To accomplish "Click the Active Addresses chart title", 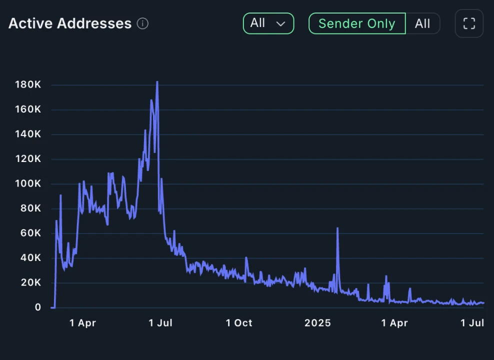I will pyautogui.click(x=70, y=23).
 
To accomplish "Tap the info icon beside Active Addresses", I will pyautogui.click(x=142, y=23).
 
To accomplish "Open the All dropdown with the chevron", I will pyautogui.click(x=268, y=23).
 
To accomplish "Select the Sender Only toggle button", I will pyautogui.click(x=356, y=23).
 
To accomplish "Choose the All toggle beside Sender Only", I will pyautogui.click(x=422, y=23).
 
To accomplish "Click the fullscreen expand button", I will pyautogui.click(x=469, y=23).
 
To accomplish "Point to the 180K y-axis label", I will pyautogui.click(x=28, y=85).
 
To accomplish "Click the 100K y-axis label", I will pyautogui.click(x=28, y=184).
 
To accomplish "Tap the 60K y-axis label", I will pyautogui.click(x=30, y=233).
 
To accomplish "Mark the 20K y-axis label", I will pyautogui.click(x=30, y=283).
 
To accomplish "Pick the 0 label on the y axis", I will pyautogui.click(x=38, y=307).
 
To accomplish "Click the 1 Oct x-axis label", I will pyautogui.click(x=239, y=323).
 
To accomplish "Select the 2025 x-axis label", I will pyautogui.click(x=318, y=323).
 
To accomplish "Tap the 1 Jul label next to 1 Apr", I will pyautogui.click(x=160, y=323).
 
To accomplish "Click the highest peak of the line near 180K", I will pyautogui.click(x=157, y=82).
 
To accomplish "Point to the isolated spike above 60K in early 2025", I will pyautogui.click(x=337, y=228).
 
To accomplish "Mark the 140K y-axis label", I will pyautogui.click(x=28, y=134).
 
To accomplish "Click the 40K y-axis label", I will pyautogui.click(x=30, y=258).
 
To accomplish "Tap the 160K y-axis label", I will pyautogui.click(x=28, y=109).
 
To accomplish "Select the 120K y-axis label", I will pyautogui.click(x=28, y=159).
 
